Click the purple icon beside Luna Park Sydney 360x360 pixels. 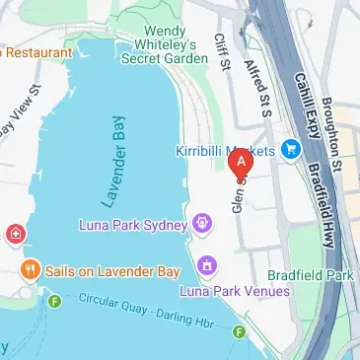tap(202, 222)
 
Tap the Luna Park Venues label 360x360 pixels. tap(235, 291)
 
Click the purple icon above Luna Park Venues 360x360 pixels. tap(207, 265)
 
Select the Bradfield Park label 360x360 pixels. tap(311, 275)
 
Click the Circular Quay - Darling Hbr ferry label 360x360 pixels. tap(144, 314)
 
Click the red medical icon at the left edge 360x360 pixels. tap(16, 234)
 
